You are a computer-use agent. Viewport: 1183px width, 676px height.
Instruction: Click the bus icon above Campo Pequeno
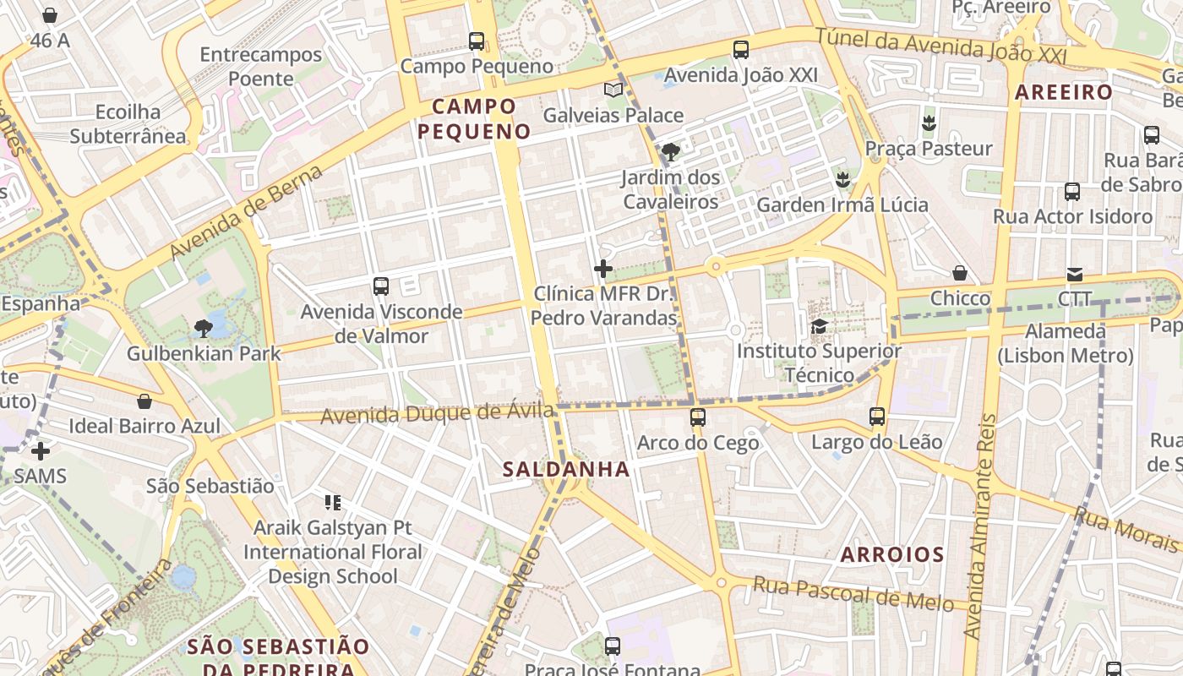[477, 41]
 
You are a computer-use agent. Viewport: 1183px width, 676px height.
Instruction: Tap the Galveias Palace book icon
[613, 90]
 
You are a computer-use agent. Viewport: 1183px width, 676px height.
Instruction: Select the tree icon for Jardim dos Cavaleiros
[671, 152]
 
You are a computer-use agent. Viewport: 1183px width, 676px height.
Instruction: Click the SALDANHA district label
[566, 469]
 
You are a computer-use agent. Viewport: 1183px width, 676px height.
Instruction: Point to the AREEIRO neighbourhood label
[1064, 92]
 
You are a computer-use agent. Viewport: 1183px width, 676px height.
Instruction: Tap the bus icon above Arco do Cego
[698, 417]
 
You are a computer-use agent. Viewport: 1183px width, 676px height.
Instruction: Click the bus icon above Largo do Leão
[877, 417]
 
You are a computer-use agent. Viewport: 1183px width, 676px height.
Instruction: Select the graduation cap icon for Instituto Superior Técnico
[819, 326]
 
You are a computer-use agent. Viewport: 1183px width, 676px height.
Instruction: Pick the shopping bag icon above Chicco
[960, 273]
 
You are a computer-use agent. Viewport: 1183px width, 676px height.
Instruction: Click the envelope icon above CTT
[1075, 274]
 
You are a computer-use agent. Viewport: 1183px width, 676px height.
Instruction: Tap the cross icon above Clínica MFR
[603, 269]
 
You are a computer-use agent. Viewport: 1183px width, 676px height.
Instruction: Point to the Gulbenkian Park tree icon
[203, 328]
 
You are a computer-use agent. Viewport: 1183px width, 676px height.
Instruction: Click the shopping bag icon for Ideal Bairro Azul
[144, 401]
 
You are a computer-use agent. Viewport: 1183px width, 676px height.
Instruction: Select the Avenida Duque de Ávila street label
[438, 414]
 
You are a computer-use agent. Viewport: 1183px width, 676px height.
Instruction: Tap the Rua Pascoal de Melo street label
[853, 594]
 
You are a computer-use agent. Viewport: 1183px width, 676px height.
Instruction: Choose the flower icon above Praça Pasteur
[929, 123]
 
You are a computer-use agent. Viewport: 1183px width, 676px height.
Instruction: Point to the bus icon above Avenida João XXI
[741, 50]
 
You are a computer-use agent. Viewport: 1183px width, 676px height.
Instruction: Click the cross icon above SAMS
[40, 451]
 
